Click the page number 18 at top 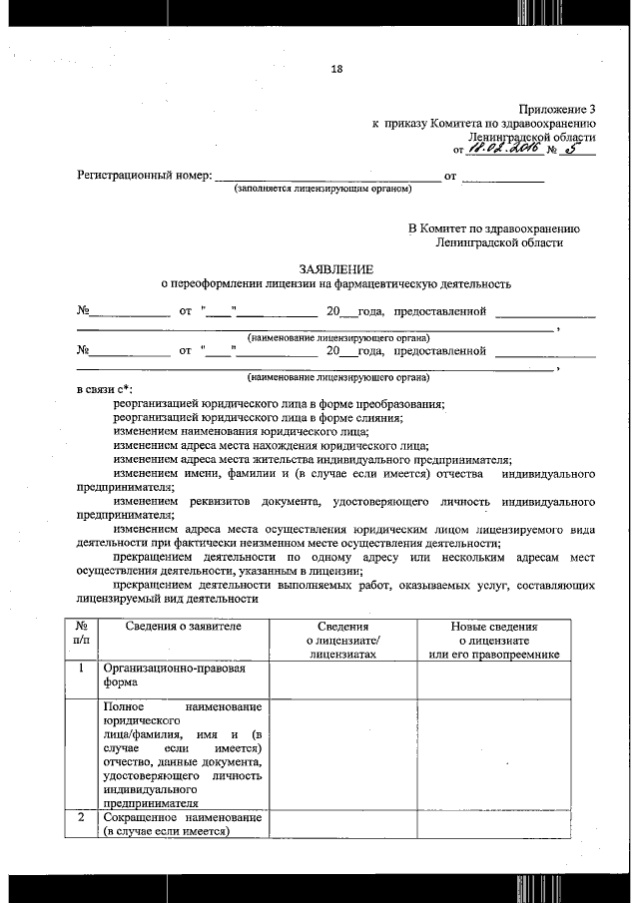(x=335, y=69)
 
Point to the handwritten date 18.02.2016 (x=503, y=149)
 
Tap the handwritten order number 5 (x=570, y=149)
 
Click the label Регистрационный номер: (x=145, y=177)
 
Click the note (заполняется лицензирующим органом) (x=322, y=189)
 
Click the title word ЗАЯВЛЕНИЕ (x=335, y=269)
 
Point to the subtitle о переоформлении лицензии (x=335, y=284)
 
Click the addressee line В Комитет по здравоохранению (x=494, y=228)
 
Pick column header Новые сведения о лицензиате (x=492, y=640)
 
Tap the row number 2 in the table (x=81, y=817)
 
